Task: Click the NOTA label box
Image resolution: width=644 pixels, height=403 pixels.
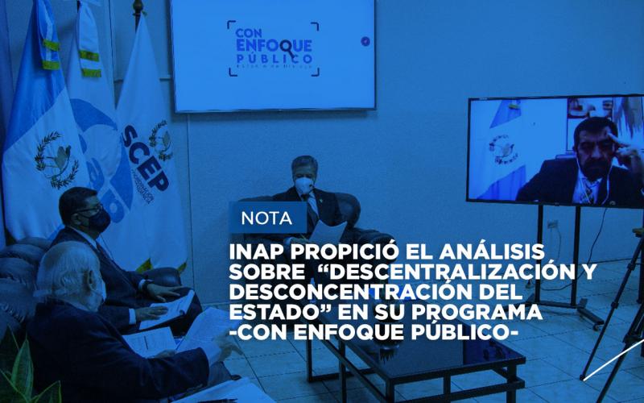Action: [266, 218]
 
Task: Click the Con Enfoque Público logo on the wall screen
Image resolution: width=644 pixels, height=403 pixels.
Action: [274, 48]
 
